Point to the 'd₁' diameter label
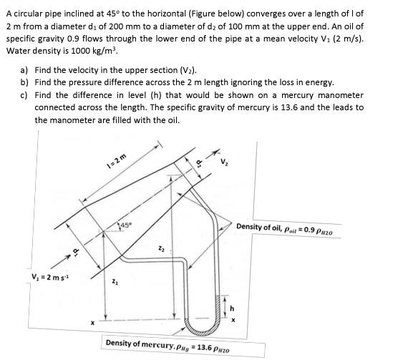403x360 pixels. pyautogui.click(x=75, y=250)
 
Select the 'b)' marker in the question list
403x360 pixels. pyautogui.click(x=25, y=83)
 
